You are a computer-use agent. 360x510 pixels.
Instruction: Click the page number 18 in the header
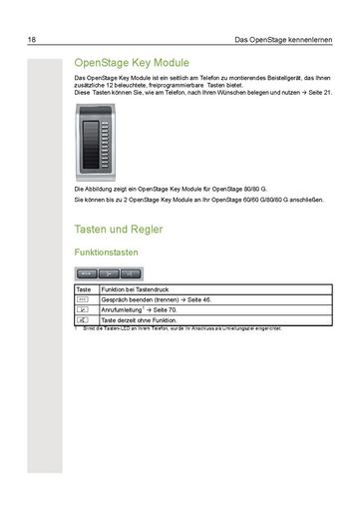pyautogui.click(x=33, y=41)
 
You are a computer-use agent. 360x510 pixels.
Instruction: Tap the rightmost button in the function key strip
pyautogui.click(x=131, y=272)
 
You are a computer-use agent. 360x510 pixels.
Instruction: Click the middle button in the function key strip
pyautogui.click(x=109, y=272)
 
